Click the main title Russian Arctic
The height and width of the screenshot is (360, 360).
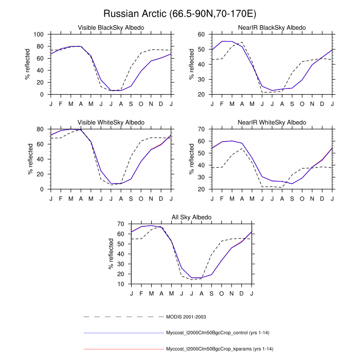tap(180, 13)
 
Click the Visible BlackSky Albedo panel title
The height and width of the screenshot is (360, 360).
tap(111, 27)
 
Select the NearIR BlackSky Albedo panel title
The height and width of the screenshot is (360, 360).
tap(273, 27)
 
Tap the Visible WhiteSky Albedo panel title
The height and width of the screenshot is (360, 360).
tap(111, 122)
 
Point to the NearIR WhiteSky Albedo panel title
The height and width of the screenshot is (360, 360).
tap(273, 122)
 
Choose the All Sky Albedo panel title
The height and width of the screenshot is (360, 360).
tap(191, 217)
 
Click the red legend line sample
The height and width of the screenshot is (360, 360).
tap(123, 349)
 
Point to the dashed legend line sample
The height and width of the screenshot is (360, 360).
tap(123, 316)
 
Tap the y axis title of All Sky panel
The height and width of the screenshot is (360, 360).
tap(111, 254)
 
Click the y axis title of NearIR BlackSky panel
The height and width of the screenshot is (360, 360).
tap(192, 64)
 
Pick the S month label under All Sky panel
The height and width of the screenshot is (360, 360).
tap(211, 293)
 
